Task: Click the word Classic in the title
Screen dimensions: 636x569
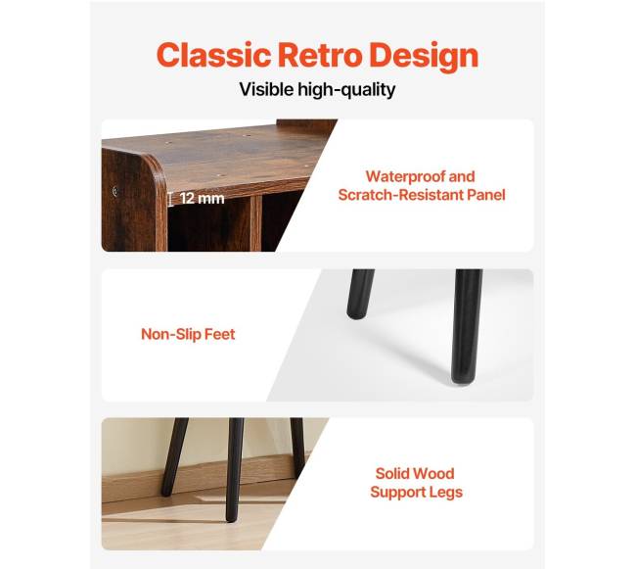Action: click(x=213, y=55)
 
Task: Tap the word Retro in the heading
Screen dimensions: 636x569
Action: click(x=320, y=55)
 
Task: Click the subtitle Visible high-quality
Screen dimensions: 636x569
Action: click(x=317, y=90)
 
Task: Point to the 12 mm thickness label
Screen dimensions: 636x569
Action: click(x=202, y=199)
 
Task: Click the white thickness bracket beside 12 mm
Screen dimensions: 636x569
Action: click(x=170, y=199)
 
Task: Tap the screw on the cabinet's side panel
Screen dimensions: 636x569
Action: click(x=115, y=190)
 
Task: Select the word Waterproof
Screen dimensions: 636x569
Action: click(x=403, y=176)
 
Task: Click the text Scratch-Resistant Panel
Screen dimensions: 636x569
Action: click(x=422, y=195)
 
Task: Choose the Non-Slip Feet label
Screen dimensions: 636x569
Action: click(x=188, y=334)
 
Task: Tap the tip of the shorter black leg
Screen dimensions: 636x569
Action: click(x=357, y=313)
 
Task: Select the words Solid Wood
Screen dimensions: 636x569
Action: click(x=415, y=473)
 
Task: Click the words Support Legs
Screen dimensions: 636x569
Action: click(x=416, y=492)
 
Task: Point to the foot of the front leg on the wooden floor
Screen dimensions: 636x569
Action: click(x=231, y=517)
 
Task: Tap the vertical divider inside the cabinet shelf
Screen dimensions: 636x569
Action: click(x=255, y=224)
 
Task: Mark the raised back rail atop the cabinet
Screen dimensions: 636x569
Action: click(x=306, y=124)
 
